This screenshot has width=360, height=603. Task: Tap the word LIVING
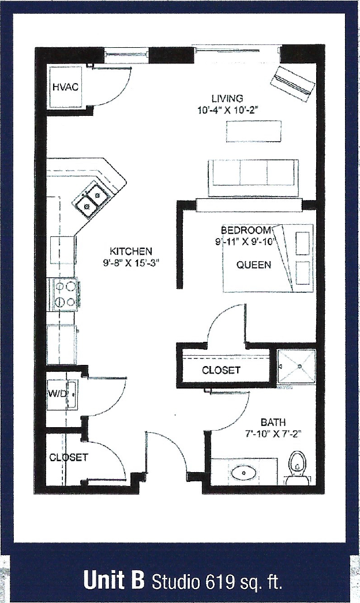(x=227, y=99)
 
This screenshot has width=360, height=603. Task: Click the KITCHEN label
(x=131, y=251)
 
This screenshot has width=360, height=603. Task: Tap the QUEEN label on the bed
(x=254, y=266)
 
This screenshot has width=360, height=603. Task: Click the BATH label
(x=273, y=423)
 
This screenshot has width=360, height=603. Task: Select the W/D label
(x=57, y=394)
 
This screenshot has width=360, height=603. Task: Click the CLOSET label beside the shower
(x=221, y=371)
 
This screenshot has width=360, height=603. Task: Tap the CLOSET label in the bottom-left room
(x=69, y=458)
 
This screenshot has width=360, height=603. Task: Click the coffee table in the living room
(x=254, y=131)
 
